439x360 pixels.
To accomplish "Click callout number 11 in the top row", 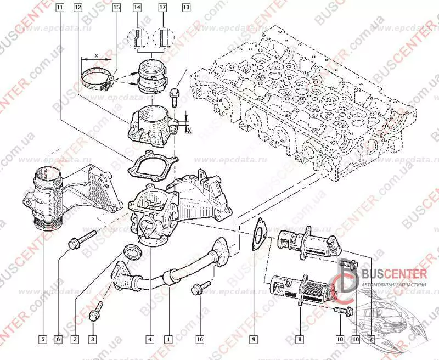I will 59,8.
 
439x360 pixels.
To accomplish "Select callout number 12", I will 77,8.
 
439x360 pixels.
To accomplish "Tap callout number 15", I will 116,8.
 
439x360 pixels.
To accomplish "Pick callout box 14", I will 137,8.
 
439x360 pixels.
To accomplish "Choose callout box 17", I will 163,8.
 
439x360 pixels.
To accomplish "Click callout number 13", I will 187,8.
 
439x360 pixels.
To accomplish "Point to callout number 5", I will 42,339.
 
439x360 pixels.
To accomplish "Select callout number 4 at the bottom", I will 149,339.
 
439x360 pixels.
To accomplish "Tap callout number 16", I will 200,339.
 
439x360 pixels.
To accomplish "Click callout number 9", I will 254,339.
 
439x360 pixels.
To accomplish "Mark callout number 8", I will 300,339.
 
